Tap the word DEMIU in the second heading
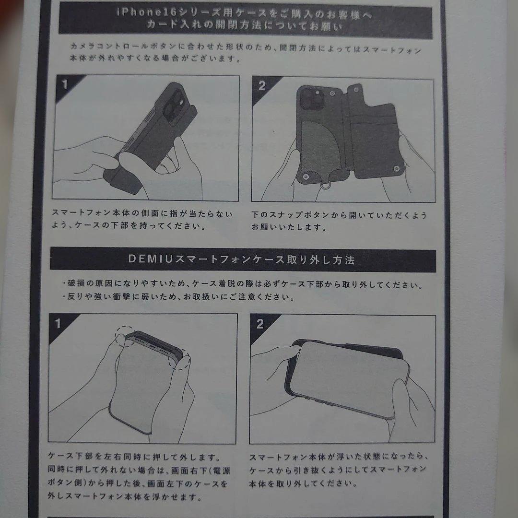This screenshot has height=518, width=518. click(148, 260)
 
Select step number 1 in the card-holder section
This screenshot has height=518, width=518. click(65, 85)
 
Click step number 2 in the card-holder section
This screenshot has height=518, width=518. click(262, 86)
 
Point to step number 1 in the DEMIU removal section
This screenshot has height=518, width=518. click(58, 324)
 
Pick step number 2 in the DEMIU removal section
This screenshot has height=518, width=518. click(260, 324)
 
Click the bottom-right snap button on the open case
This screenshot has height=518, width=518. click(396, 169)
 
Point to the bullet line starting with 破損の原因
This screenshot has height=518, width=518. click(242, 285)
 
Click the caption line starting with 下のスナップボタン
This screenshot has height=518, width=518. click(339, 215)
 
